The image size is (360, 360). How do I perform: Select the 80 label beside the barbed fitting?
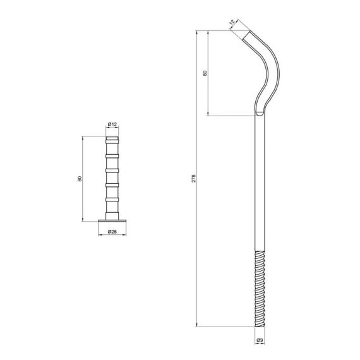point(79,179)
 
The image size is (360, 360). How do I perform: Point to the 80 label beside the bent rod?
point(204,73)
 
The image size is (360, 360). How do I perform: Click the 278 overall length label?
point(194,179)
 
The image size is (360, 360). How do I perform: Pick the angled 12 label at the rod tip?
point(232,23)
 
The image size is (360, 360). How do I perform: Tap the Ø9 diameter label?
point(260,341)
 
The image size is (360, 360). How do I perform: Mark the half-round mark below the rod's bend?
point(260,114)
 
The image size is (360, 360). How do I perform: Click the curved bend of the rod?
point(270,69)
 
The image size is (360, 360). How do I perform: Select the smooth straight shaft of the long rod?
point(260,183)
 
